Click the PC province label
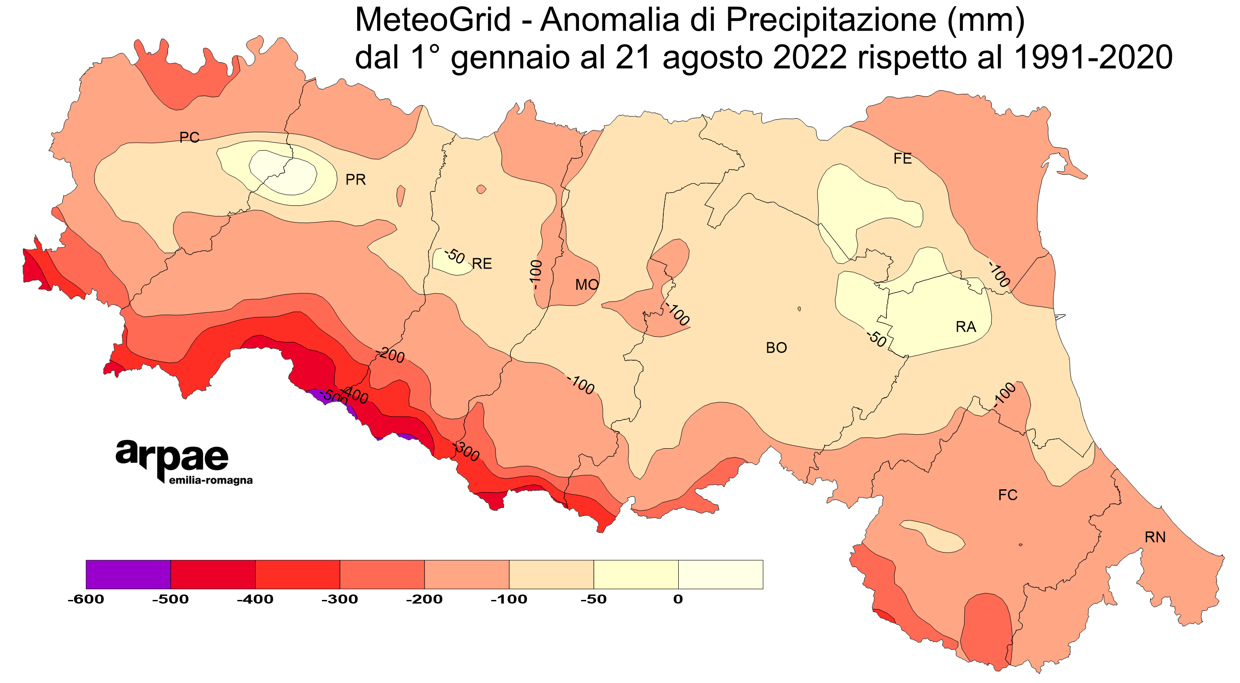click(x=189, y=138)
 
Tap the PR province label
click(x=356, y=180)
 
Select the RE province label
click(x=482, y=264)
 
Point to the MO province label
click(x=587, y=285)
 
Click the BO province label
click(x=776, y=348)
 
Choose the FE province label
click(x=903, y=159)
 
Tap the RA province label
click(x=965, y=327)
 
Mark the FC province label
click(x=1008, y=495)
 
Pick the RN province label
click(x=1155, y=537)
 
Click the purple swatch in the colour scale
click(x=128, y=574)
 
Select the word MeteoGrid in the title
click(x=432, y=20)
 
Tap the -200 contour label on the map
click(x=391, y=355)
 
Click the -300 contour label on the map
click(x=466, y=451)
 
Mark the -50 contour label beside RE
click(x=454, y=256)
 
